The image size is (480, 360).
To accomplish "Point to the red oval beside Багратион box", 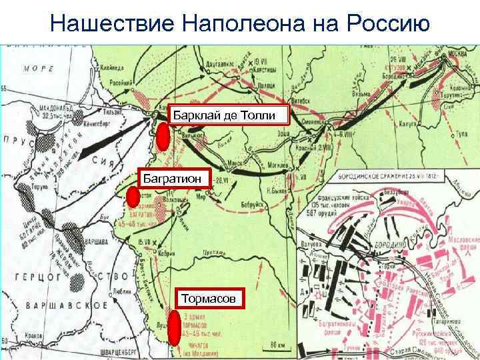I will [133, 197].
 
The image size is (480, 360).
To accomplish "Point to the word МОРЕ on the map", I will [39, 68].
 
